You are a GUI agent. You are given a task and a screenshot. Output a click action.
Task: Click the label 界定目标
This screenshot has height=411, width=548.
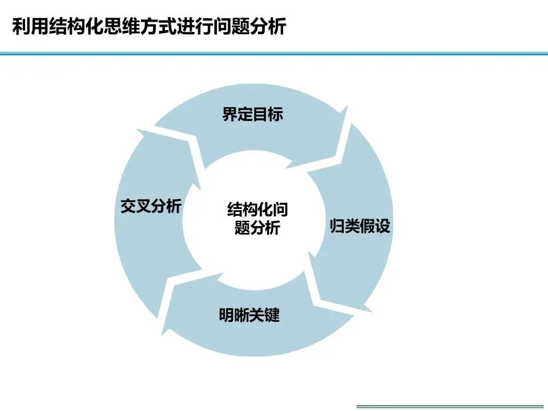point(252,115)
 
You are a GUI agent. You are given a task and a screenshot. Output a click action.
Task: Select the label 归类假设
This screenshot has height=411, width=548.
point(360,226)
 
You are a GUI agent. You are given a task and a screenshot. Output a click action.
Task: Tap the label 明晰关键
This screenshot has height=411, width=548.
point(249,315)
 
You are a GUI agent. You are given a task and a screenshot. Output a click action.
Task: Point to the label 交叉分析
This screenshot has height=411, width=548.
point(151,207)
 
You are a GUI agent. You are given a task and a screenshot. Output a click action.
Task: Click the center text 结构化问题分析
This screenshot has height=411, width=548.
point(257,218)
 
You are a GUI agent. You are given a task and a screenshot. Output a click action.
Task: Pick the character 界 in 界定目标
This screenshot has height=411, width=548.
point(229,115)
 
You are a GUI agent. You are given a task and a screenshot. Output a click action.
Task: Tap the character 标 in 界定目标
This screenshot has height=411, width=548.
point(275,115)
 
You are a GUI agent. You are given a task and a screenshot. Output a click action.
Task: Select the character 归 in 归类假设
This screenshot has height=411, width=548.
point(337,226)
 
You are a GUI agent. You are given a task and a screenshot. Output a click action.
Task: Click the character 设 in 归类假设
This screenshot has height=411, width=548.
point(382,226)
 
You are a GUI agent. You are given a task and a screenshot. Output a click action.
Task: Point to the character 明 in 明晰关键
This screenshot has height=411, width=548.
point(227,315)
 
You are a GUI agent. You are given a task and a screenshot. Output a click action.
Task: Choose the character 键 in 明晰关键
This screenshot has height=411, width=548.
point(272,315)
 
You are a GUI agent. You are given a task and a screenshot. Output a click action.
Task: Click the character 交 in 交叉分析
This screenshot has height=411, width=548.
point(128,207)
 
